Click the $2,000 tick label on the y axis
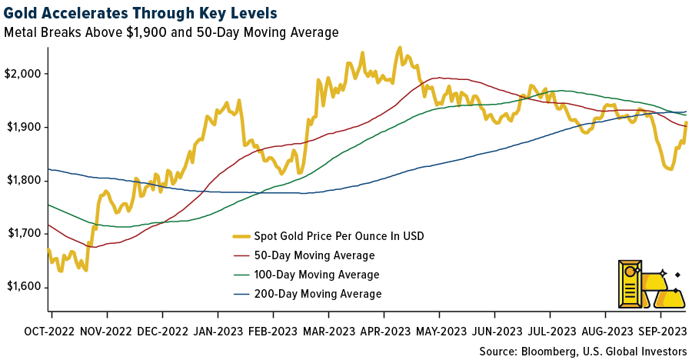[x=24, y=73]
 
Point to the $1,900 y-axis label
[x=24, y=127]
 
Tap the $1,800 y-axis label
[x=24, y=181]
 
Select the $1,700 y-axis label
[x=24, y=234]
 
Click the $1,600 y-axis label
[x=24, y=287]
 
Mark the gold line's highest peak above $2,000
[x=400, y=48]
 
